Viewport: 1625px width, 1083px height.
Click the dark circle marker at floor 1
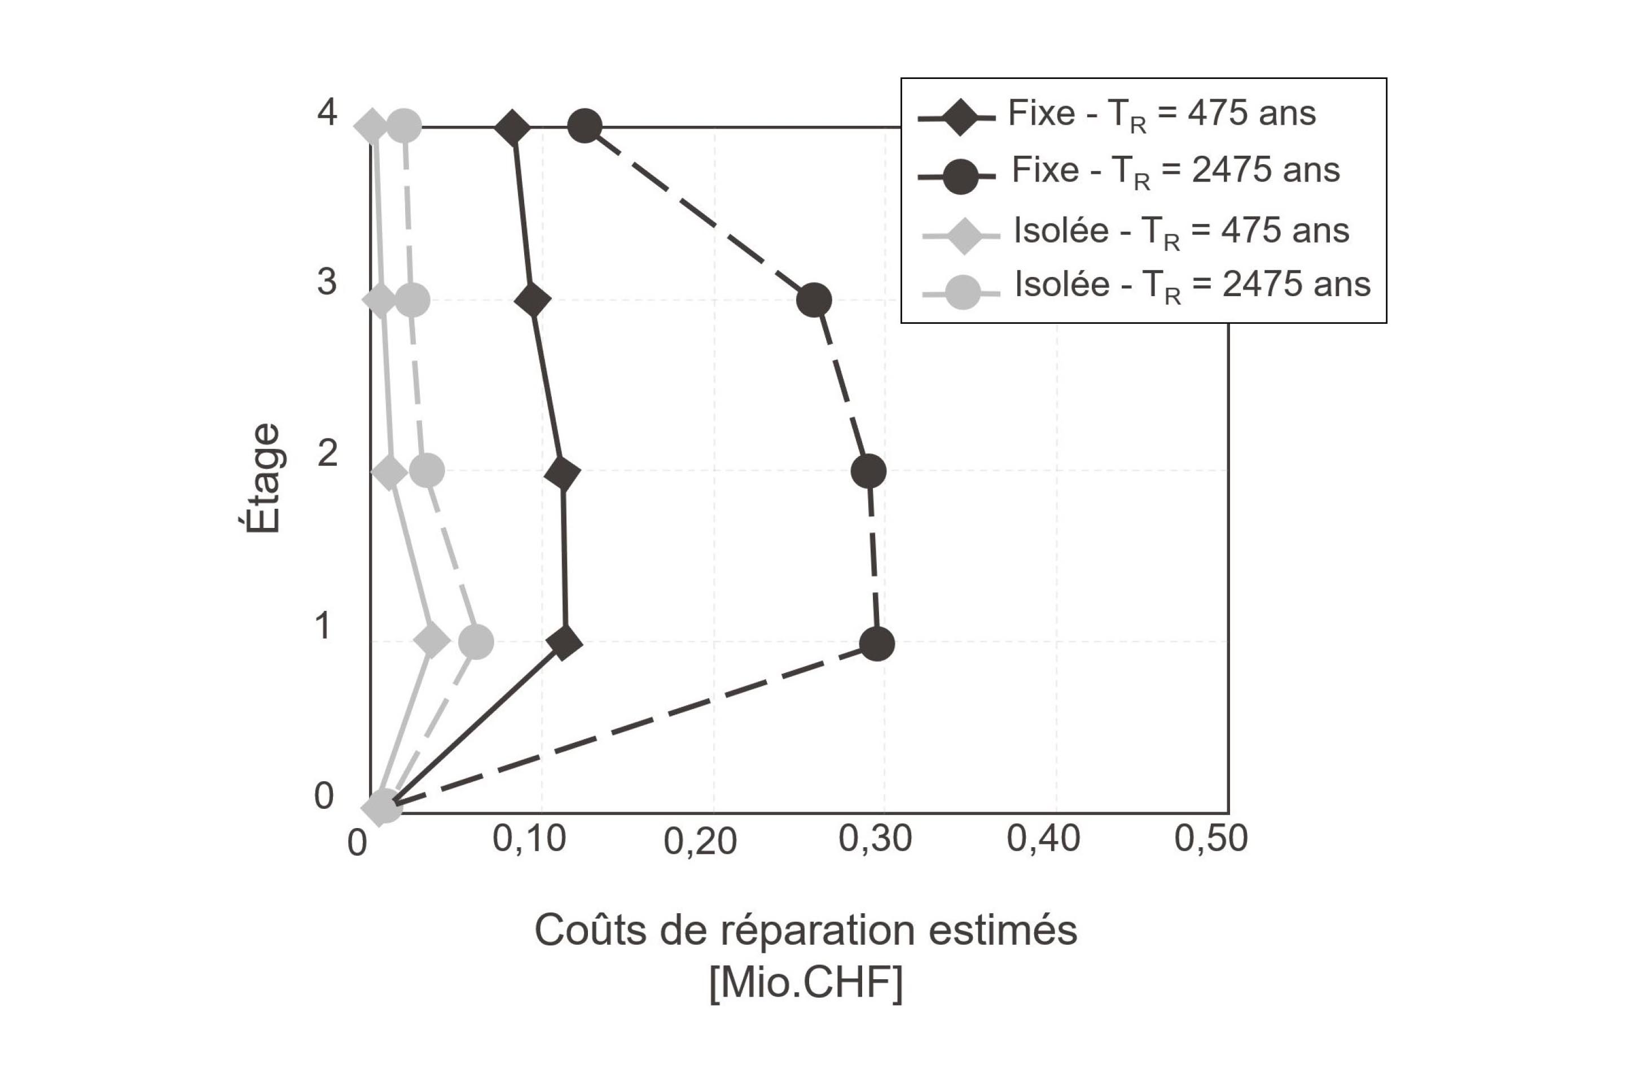[x=877, y=644]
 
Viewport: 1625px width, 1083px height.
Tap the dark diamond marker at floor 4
[x=513, y=128]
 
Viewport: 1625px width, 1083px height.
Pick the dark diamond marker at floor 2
[x=563, y=473]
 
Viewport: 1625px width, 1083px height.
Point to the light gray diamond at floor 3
[x=380, y=301]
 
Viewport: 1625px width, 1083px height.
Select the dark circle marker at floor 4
[x=585, y=126]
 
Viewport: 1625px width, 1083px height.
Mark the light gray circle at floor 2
[x=427, y=471]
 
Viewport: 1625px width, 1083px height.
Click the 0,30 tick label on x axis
[x=875, y=839]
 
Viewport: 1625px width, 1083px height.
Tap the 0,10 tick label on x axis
[x=529, y=839]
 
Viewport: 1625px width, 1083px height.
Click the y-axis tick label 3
[x=327, y=282]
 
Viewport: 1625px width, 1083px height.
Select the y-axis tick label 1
[x=322, y=626]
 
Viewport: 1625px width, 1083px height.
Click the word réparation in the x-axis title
[x=819, y=931]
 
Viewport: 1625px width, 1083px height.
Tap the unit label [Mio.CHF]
[x=806, y=983]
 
